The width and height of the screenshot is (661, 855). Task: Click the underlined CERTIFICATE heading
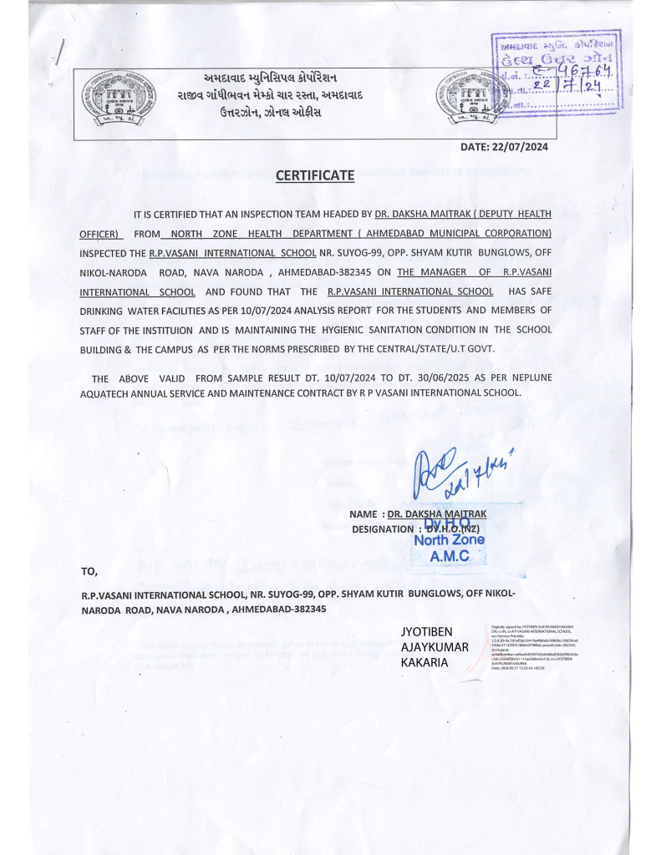click(315, 175)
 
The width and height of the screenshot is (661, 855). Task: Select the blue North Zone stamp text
click(449, 539)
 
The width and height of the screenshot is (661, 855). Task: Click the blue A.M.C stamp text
click(449, 554)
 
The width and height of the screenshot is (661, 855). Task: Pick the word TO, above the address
click(89, 572)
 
